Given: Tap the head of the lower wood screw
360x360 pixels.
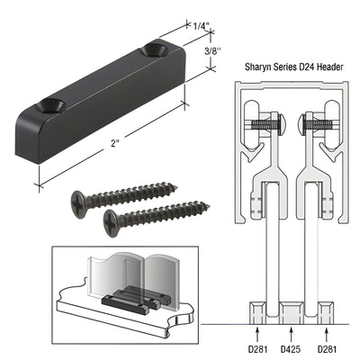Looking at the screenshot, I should point(111,219).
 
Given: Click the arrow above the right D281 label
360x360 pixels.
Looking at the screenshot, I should point(327,324).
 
